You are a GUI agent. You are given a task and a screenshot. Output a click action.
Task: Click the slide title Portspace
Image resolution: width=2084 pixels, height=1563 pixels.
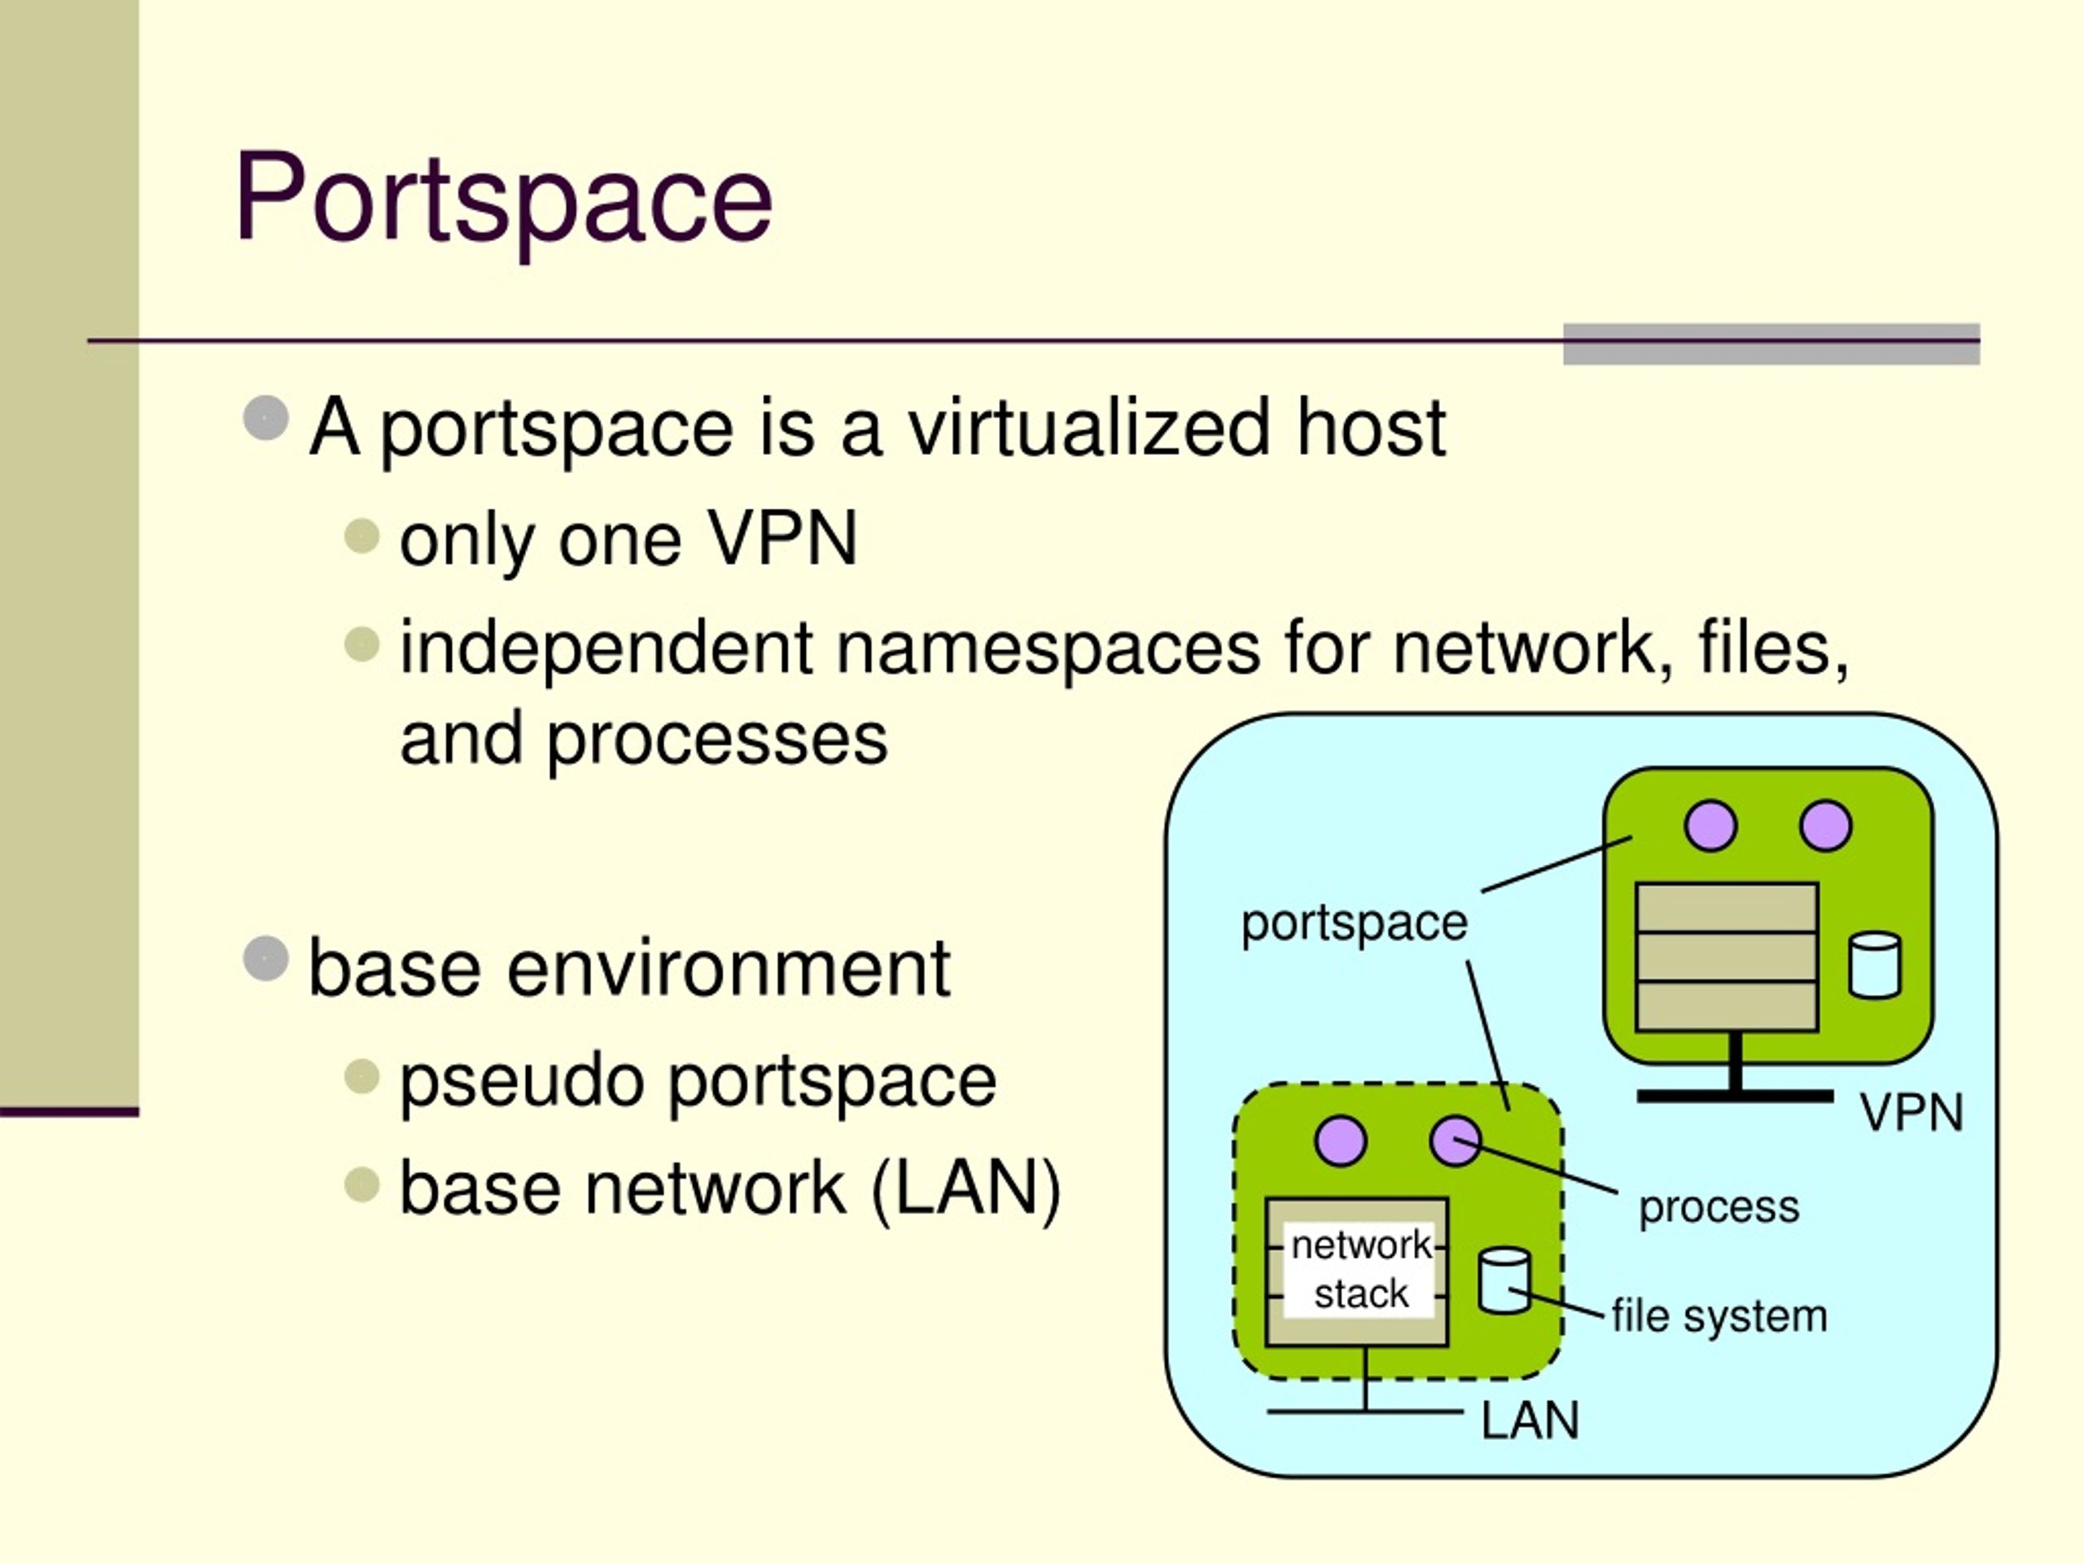click(503, 199)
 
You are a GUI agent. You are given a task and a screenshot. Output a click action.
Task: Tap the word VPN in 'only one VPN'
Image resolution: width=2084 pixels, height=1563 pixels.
click(783, 538)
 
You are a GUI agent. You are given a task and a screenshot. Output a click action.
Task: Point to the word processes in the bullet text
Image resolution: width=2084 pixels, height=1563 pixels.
click(717, 742)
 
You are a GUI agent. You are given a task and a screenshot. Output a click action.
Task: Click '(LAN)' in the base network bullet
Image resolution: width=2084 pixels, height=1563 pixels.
click(966, 1190)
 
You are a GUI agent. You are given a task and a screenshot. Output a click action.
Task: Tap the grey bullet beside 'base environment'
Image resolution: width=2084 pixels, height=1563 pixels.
click(265, 958)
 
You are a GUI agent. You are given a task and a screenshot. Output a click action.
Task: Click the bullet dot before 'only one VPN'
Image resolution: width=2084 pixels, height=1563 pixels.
click(361, 536)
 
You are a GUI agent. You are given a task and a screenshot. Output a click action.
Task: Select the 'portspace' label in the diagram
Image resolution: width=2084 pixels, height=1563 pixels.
click(1354, 923)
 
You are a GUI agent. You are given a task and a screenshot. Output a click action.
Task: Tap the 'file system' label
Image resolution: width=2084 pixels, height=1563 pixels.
click(1719, 1316)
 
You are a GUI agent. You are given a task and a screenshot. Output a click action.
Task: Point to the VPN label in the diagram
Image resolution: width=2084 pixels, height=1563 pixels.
click(1911, 1113)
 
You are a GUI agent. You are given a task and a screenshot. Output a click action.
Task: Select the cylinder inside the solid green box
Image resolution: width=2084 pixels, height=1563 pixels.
click(1875, 965)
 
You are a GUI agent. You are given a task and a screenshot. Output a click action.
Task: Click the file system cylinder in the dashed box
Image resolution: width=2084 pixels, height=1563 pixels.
click(1504, 1281)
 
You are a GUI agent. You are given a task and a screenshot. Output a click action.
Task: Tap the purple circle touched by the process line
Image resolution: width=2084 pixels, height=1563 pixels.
click(1456, 1142)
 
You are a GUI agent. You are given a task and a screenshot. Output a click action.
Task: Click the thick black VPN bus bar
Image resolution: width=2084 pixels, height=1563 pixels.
click(1736, 1097)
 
